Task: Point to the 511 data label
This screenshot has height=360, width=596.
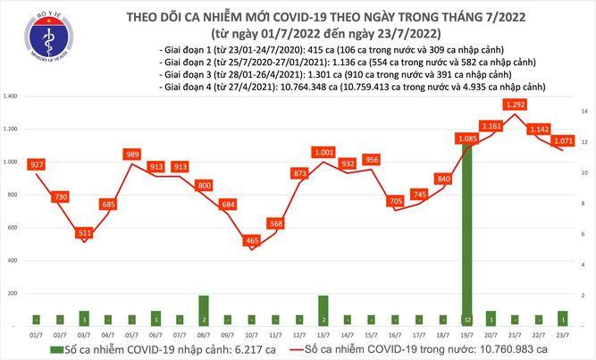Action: [84, 233]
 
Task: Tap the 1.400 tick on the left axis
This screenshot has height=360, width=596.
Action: [12, 96]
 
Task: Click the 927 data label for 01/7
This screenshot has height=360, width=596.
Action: [36, 165]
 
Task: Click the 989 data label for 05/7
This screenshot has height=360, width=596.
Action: [131, 155]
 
